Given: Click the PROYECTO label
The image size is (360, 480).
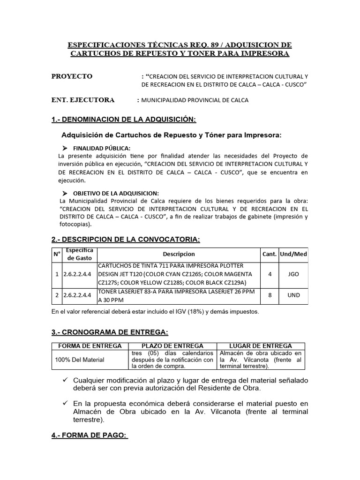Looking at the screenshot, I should (72, 76).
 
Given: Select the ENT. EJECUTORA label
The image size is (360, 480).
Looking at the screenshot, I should (83, 100).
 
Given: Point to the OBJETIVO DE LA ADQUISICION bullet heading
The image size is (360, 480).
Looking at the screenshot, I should (116, 193).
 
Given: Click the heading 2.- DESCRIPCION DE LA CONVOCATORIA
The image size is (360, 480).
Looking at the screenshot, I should (126, 240).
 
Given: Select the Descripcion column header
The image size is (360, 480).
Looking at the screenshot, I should (179, 254).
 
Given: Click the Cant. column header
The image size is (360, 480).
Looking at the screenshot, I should (270, 254).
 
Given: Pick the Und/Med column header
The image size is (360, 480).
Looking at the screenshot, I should (293, 254).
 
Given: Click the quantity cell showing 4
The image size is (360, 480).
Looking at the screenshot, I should (270, 274).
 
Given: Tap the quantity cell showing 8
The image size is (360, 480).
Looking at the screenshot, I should (270, 296).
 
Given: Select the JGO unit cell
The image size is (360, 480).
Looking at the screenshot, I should (294, 274).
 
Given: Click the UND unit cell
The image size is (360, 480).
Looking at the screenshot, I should (294, 296).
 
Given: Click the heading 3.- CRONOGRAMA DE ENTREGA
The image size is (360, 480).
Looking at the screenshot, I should (110, 332).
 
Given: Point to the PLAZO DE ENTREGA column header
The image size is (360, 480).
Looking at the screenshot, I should (172, 346).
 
